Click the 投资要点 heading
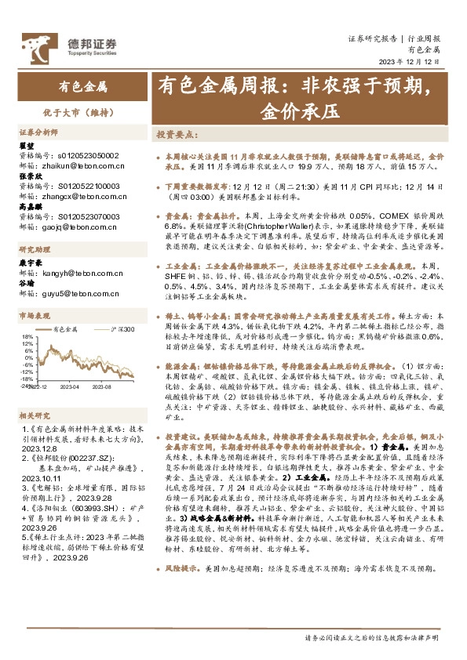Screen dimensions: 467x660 (177, 135)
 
